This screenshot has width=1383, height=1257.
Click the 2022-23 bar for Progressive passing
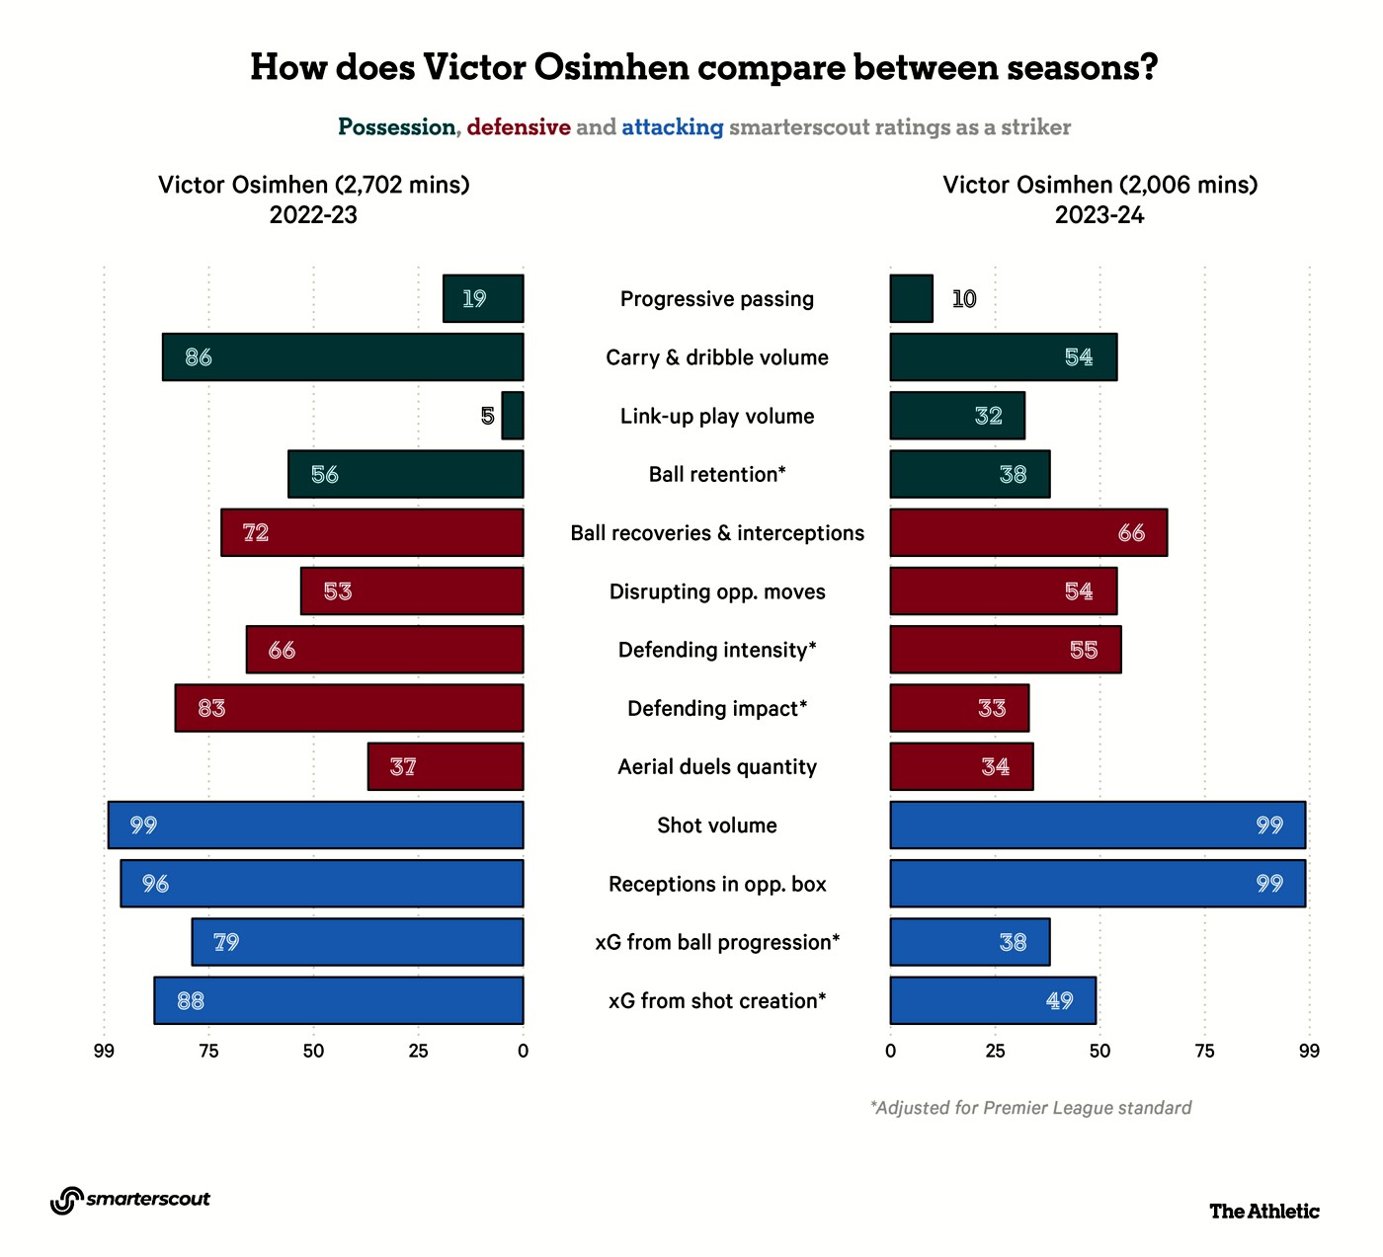(483, 298)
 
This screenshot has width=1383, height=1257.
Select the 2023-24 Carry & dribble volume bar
(1003, 356)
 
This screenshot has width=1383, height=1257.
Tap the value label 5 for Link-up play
(488, 416)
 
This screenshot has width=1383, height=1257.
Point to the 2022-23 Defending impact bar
(349, 708)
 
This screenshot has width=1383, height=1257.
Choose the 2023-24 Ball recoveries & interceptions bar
(1027, 532)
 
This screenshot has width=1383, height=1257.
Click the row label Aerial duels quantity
(717, 767)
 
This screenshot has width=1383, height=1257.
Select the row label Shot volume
(717, 825)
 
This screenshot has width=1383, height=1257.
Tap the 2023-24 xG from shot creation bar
(992, 1000)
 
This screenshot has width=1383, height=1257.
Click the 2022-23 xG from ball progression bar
(358, 942)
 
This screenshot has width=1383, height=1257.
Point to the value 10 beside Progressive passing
(964, 299)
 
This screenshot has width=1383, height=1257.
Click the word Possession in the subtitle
(396, 127)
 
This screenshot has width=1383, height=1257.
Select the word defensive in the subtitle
(519, 127)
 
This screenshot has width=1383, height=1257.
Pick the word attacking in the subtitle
(673, 127)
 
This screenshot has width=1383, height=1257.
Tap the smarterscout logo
(130, 1200)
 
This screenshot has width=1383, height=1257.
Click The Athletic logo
(1263, 1211)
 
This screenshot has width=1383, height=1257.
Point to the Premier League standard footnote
(1030, 1108)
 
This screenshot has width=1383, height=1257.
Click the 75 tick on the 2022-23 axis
(208, 1051)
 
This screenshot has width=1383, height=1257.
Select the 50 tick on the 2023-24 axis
(1099, 1051)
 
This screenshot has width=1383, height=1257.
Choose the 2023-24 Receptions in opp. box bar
(1097, 884)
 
